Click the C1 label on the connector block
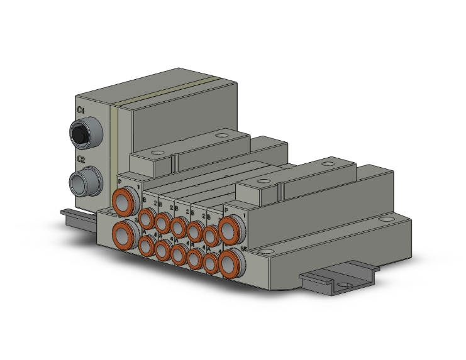[x=80, y=111]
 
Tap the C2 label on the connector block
[x=80, y=160]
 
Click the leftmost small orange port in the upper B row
[x=147, y=219]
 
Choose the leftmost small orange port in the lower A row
[x=147, y=247]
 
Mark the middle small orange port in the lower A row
[x=179, y=255]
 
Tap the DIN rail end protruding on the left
[x=69, y=214]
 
